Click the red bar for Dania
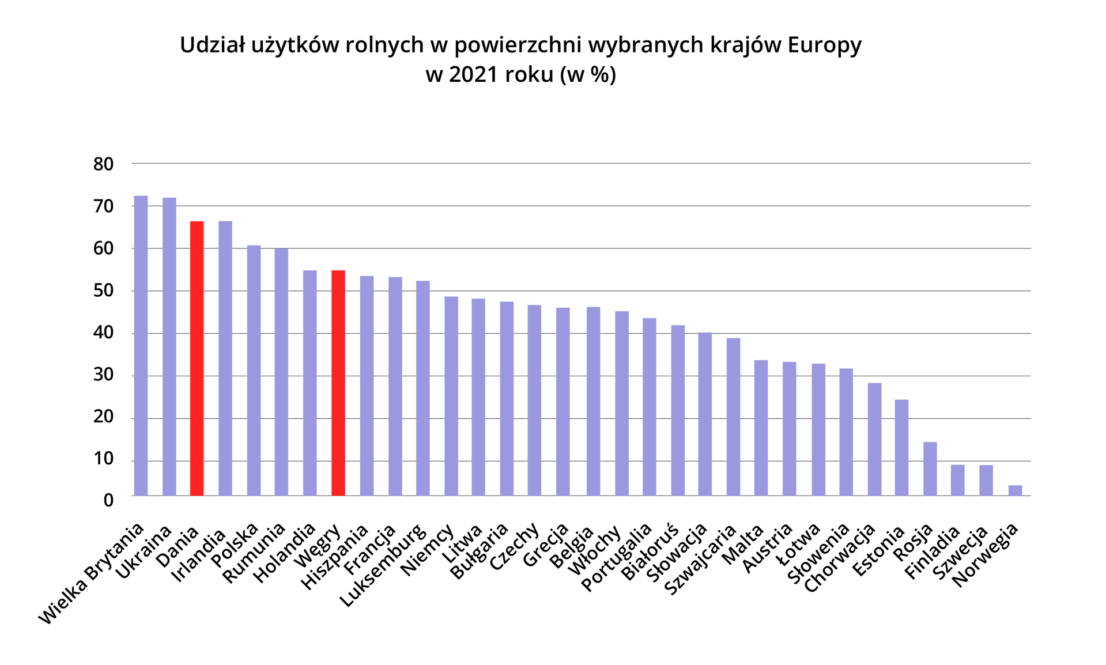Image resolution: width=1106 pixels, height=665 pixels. coord(197,358)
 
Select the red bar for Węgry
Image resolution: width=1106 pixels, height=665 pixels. coord(338,383)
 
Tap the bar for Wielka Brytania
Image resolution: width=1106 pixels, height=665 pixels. coord(141,345)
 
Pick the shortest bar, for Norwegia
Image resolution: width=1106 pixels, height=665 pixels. coord(1015,490)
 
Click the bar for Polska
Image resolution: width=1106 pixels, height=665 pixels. coord(254,370)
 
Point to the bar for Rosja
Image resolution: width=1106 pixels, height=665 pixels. coord(930,468)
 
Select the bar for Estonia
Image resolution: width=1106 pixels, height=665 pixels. coord(901,447)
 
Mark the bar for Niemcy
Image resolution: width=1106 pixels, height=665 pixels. coord(451,396)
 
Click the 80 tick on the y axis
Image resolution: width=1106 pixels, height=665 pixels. coord(104,164)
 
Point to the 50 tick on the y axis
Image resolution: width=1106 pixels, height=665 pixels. coord(104,292)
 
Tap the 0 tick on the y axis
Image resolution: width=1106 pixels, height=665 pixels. coord(108,500)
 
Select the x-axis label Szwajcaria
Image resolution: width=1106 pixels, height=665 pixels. coord(701,560)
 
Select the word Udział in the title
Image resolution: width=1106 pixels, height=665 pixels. coord(212,45)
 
